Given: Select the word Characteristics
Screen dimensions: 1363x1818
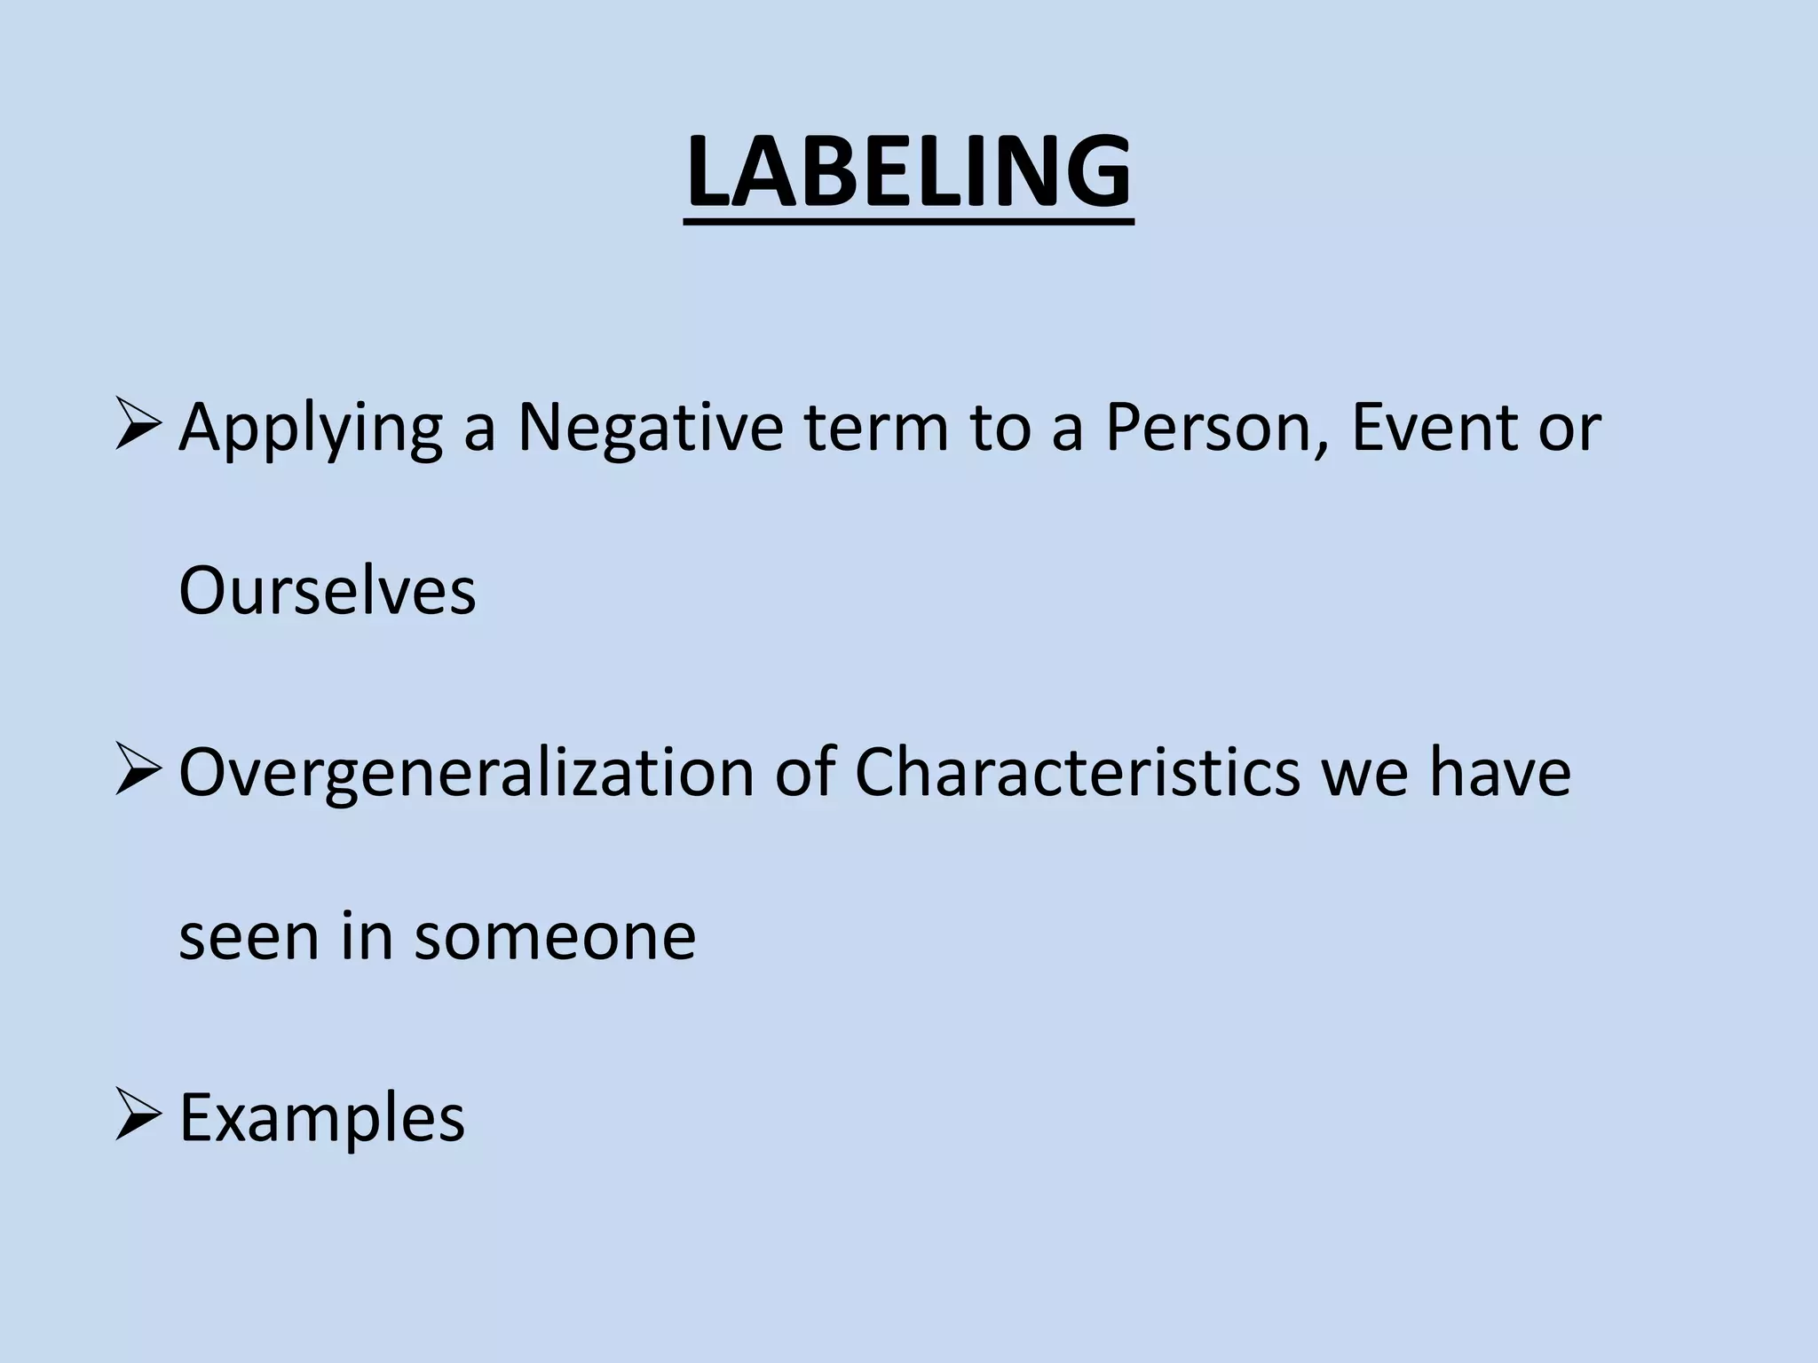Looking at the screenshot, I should [1077, 772].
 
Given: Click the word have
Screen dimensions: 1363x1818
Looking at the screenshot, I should [1499, 772].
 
